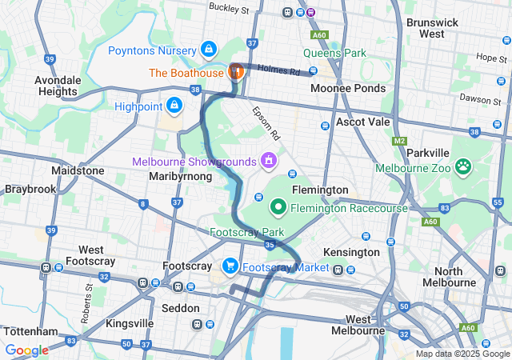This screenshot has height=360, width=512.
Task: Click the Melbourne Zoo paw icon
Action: pyautogui.click(x=463, y=166)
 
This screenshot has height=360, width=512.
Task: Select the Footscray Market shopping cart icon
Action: pyautogui.click(x=230, y=266)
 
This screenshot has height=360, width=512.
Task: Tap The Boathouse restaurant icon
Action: pyautogui.click(x=236, y=72)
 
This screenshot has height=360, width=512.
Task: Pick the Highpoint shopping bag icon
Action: pyautogui.click(x=174, y=105)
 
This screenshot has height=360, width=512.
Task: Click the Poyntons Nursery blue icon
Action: pyautogui.click(x=208, y=50)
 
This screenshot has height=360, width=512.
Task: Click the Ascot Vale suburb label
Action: pyautogui.click(x=362, y=122)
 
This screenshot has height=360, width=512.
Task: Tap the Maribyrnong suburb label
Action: pyautogui.click(x=180, y=175)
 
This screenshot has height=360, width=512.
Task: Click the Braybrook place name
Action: pyautogui.click(x=30, y=190)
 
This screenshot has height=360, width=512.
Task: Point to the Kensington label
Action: pyautogui.click(x=350, y=252)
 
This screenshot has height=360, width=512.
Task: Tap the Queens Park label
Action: pyautogui.click(x=334, y=54)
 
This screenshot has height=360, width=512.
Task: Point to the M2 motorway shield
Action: pyautogui.click(x=400, y=142)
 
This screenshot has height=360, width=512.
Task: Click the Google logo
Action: pyautogui.click(x=26, y=350)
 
